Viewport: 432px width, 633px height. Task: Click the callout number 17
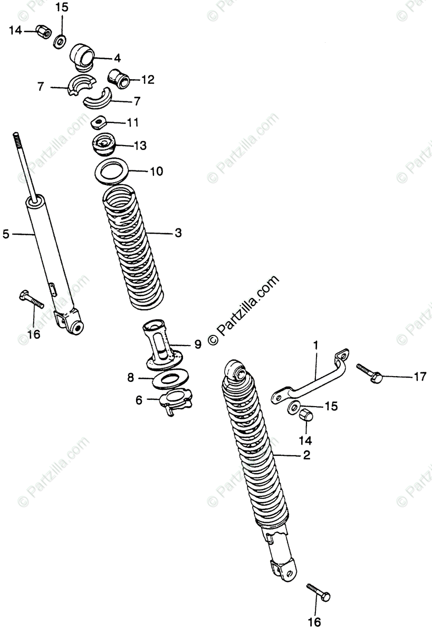point(419,377)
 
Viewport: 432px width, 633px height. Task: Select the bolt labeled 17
point(369,372)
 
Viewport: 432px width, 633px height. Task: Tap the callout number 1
point(316,346)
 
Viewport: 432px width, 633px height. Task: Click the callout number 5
point(6,233)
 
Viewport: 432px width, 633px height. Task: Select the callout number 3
point(178,233)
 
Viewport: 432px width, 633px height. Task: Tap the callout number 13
point(140,145)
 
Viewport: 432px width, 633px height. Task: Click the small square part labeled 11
point(98,122)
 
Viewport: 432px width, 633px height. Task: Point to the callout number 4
point(117,59)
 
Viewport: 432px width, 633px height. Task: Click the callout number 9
point(197,344)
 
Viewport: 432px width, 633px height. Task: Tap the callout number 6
point(139,400)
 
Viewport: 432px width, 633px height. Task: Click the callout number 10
point(157,171)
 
